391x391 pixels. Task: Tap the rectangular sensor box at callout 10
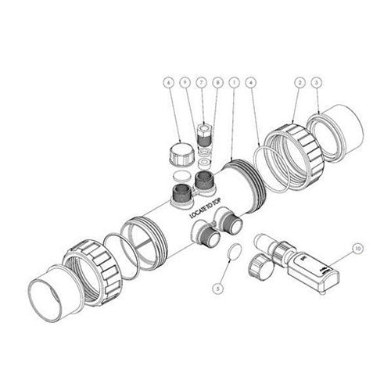pos(314,271)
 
